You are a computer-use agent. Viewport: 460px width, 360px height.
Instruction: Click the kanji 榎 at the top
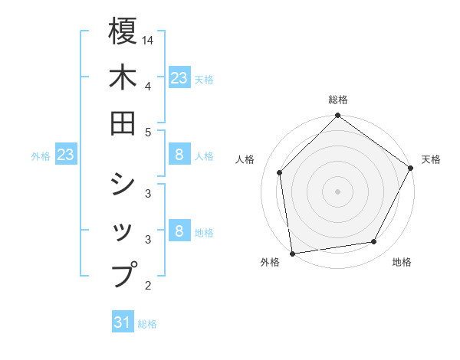click(123, 33)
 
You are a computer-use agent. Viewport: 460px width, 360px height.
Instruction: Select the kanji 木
click(123, 77)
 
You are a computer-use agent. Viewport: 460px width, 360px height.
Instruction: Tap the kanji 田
click(123, 123)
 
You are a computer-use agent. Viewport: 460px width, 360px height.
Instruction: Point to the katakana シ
click(123, 184)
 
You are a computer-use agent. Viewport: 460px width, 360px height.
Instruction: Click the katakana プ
click(123, 273)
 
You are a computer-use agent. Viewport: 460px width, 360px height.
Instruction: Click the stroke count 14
click(148, 39)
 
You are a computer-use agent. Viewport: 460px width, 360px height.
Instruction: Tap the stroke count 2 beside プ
click(147, 286)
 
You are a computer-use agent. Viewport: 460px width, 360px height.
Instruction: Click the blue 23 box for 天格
click(179, 77)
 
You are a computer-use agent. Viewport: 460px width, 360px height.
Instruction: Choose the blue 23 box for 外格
click(65, 155)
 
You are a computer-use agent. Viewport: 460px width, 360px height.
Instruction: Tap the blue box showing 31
click(122, 322)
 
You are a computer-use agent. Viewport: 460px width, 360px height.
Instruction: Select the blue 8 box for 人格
click(179, 155)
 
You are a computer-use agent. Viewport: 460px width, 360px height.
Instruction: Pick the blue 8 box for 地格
click(179, 231)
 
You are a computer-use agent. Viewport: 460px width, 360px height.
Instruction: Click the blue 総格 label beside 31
click(147, 324)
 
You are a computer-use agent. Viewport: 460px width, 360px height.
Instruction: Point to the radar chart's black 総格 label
click(337, 100)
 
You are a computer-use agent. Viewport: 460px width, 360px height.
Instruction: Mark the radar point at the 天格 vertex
click(411, 169)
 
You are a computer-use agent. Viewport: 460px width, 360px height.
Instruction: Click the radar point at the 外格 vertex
click(292, 254)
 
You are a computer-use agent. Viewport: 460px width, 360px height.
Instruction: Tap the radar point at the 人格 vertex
click(280, 172)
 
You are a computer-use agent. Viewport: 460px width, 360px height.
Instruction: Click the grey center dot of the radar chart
click(337, 191)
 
